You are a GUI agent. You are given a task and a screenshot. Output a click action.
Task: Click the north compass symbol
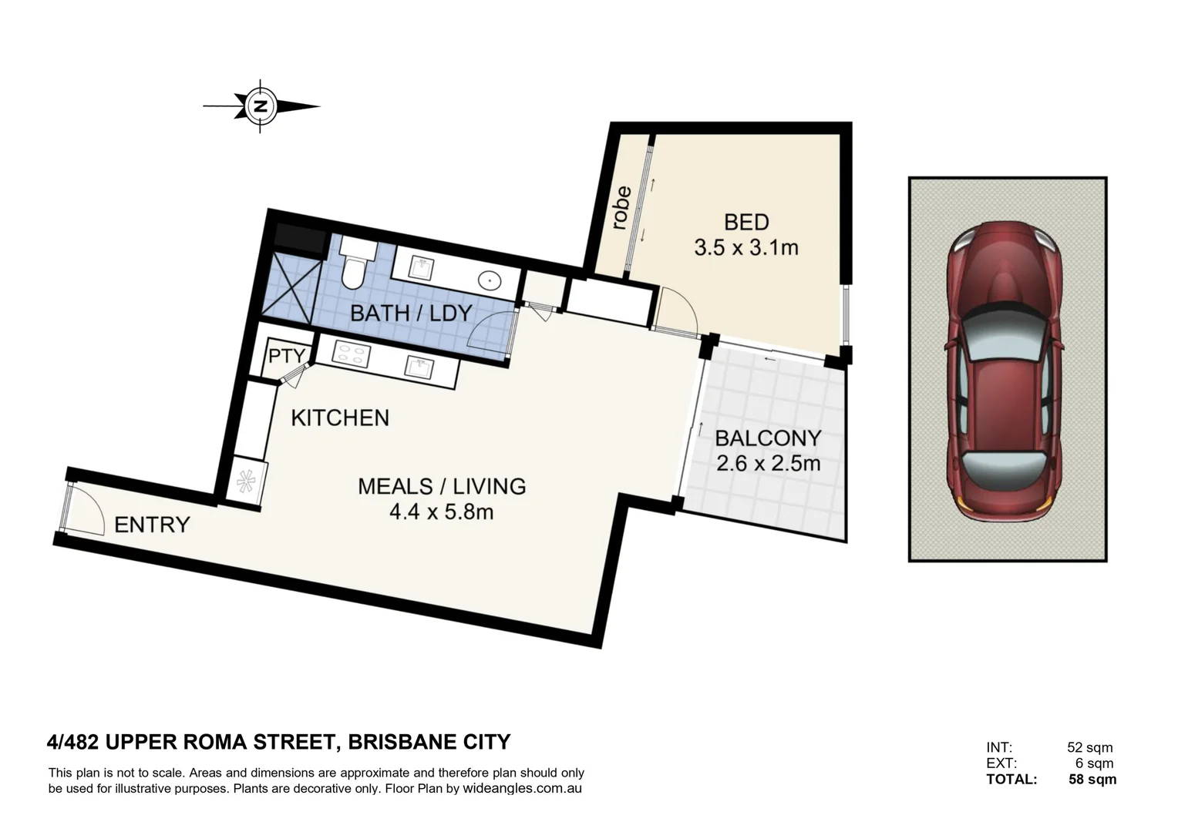click(261, 106)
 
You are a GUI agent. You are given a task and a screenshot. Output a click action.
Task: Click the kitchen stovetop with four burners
click(351, 354)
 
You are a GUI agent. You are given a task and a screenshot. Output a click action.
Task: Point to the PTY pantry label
click(286, 357)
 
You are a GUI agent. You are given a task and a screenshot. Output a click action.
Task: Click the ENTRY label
click(152, 525)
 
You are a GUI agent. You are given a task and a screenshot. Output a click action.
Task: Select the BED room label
click(746, 223)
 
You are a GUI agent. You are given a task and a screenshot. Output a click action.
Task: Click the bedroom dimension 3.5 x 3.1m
click(746, 248)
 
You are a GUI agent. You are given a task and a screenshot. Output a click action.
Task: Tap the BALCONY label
click(768, 438)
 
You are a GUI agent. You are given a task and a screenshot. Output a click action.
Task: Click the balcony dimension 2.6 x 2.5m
click(768, 464)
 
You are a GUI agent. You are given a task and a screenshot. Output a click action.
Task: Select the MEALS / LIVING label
click(442, 486)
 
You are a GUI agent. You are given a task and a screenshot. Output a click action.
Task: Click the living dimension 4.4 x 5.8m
click(442, 511)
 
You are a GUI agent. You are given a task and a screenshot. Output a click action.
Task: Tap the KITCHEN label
click(340, 418)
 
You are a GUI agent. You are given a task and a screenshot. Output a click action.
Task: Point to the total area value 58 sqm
click(1092, 779)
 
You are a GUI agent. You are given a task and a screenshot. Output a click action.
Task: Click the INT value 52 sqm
click(1089, 747)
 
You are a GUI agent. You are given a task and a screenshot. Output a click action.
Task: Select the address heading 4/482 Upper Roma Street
click(278, 742)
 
